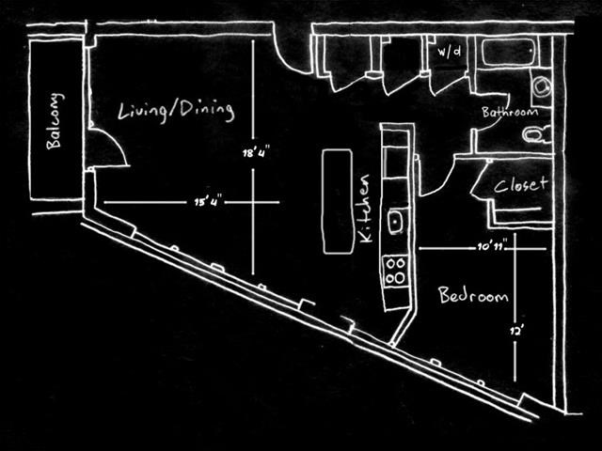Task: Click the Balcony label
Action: click(x=55, y=120)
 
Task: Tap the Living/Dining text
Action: click(x=176, y=111)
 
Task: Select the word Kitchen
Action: click(x=365, y=209)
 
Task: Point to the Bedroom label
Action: click(x=473, y=295)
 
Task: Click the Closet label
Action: click(x=520, y=185)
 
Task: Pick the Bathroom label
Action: click(x=510, y=112)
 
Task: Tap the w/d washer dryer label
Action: click(x=450, y=51)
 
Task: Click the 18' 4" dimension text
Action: click(x=253, y=153)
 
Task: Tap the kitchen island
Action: click(x=338, y=201)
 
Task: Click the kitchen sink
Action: click(x=395, y=222)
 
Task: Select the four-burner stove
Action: click(x=395, y=271)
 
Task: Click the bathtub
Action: click(x=508, y=52)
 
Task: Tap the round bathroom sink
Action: click(x=542, y=86)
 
